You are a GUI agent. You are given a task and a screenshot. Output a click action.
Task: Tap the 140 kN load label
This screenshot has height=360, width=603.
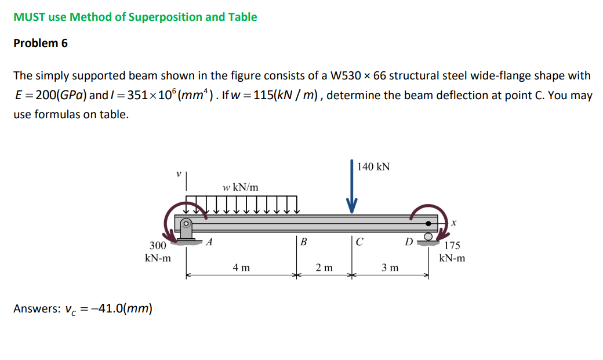tap(373, 167)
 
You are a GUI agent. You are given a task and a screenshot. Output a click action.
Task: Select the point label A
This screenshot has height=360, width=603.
tap(209, 242)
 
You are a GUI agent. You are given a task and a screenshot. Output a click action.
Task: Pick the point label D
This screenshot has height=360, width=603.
tap(409, 242)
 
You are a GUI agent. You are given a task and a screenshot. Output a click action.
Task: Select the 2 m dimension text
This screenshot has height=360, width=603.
tap(324, 267)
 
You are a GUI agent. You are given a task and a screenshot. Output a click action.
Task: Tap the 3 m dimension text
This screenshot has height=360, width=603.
tap(390, 267)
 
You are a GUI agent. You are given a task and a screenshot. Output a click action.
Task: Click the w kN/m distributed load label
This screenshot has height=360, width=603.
tap(240, 187)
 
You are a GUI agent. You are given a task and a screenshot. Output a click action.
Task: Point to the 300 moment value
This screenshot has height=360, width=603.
tap(158, 246)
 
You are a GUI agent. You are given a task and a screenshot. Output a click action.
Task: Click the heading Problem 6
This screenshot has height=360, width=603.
tap(41, 43)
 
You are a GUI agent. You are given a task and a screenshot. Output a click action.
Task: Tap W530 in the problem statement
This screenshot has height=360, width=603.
tap(347, 75)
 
